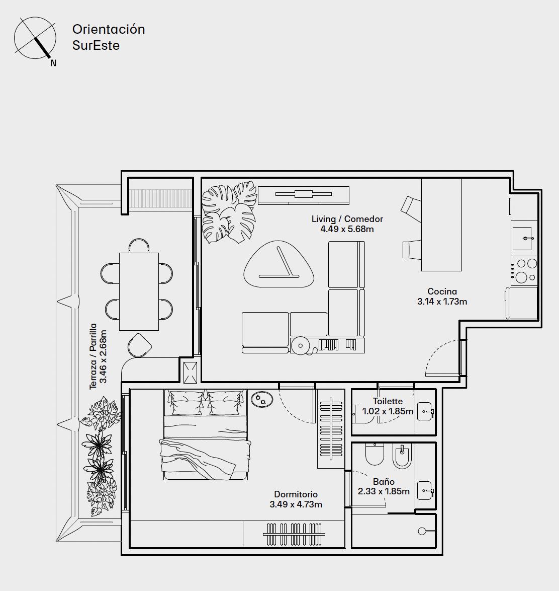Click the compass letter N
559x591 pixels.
click(x=53, y=63)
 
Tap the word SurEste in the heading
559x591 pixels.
click(x=96, y=45)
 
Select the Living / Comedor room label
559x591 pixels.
click(x=347, y=219)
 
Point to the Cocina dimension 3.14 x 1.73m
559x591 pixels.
click(x=442, y=302)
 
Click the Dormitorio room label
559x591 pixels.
click(x=296, y=494)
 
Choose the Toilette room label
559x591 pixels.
click(x=388, y=401)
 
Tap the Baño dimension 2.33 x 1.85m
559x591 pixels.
click(x=384, y=491)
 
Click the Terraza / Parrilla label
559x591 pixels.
click(x=93, y=356)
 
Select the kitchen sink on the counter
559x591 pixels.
click(x=522, y=239)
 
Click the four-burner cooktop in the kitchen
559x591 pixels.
click(x=525, y=271)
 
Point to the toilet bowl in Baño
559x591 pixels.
click(x=375, y=454)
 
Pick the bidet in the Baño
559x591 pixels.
click(x=402, y=456)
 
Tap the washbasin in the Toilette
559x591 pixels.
click(x=425, y=412)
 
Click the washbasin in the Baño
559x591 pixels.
click(x=425, y=490)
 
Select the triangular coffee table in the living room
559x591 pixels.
click(x=279, y=265)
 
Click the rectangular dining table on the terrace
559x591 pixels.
click(x=139, y=292)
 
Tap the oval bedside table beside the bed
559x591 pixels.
click(x=262, y=400)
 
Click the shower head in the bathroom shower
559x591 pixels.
click(x=422, y=531)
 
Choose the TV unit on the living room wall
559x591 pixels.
click(x=304, y=195)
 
